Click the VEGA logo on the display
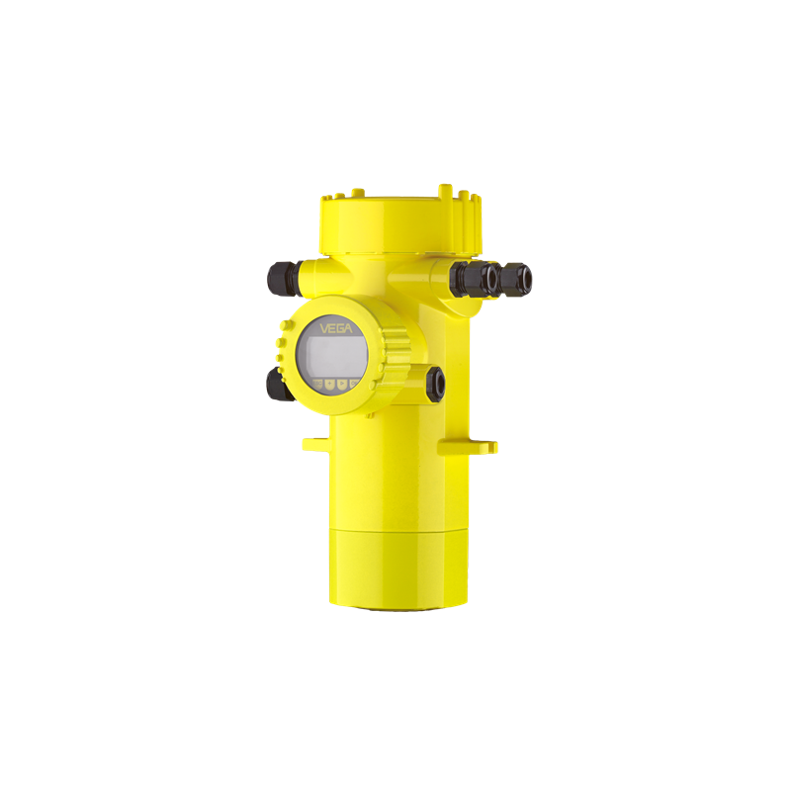pyautogui.click(x=335, y=329)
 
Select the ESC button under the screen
pyautogui.click(x=317, y=384)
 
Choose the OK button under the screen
pyautogui.click(x=354, y=385)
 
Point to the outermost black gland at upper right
pyautogui.click(x=515, y=279)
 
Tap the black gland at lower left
pyautogui.click(x=278, y=385)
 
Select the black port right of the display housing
pyautogui.click(x=435, y=384)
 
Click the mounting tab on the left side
pyautogui.click(x=315, y=444)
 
